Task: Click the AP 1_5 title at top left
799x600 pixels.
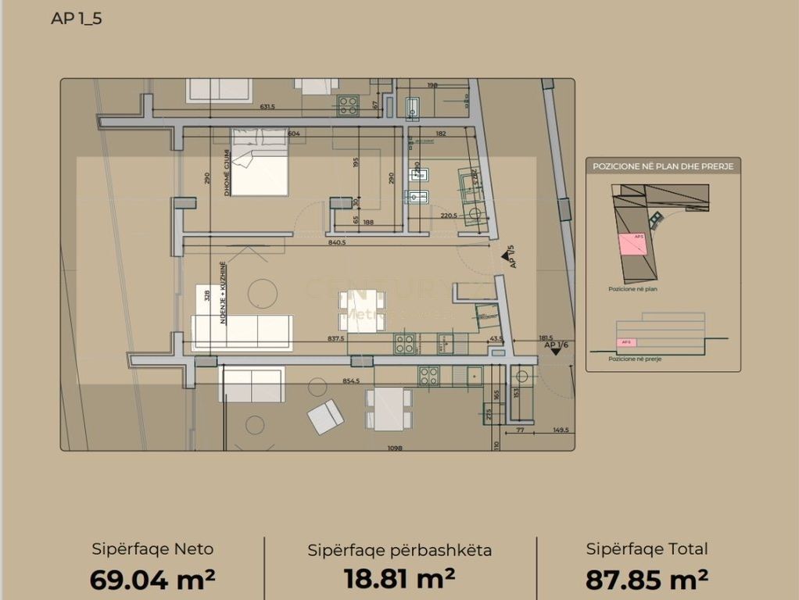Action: click(76, 19)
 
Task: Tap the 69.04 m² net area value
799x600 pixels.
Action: click(152, 579)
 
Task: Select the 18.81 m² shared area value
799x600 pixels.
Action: click(399, 579)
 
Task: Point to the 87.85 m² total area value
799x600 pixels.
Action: click(647, 579)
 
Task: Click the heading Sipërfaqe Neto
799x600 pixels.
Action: click(152, 549)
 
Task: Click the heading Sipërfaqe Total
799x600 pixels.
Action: click(647, 549)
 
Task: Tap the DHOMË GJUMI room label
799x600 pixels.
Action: click(228, 172)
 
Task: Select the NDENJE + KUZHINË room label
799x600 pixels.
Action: click(223, 292)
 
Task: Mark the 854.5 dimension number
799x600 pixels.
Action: click(351, 381)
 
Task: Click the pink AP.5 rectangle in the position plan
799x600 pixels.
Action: click(633, 244)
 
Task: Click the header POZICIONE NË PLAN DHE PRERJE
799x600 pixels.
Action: click(663, 166)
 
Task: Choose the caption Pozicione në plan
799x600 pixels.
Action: click(632, 288)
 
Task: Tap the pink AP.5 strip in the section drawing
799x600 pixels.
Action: click(626, 342)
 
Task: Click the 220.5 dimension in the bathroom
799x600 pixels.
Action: click(448, 215)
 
